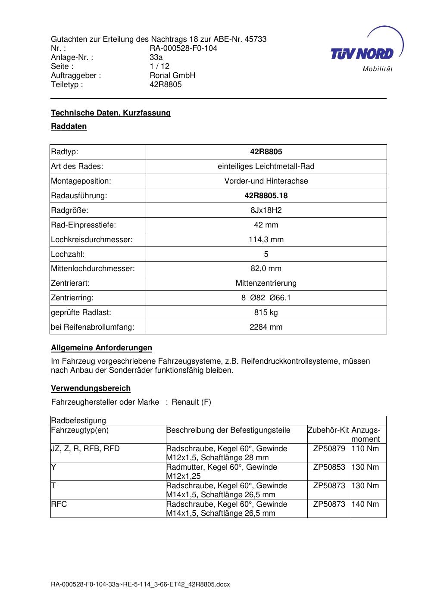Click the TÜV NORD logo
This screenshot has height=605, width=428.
pyautogui.click(x=365, y=51)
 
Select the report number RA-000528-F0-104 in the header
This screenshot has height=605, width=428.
pyautogui.click(x=183, y=48)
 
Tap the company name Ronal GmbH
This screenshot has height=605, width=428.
pyautogui.click(x=172, y=75)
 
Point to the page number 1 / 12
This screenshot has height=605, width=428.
pyautogui.click(x=159, y=66)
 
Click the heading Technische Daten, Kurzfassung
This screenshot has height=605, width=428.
pyautogui.click(x=111, y=113)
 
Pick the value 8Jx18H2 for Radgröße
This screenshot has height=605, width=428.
pyautogui.click(x=266, y=210)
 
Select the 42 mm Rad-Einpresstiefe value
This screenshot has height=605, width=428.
pyautogui.click(x=266, y=225)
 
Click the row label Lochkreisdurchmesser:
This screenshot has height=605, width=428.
pyautogui.click(x=92, y=240)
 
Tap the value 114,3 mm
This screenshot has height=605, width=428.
pyautogui.click(x=266, y=240)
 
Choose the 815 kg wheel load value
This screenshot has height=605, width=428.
pyautogui.click(x=266, y=312)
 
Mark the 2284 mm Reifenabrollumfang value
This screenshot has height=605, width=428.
pyautogui.click(x=266, y=327)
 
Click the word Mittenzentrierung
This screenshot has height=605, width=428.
pyautogui.click(x=266, y=283)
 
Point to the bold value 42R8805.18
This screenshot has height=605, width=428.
pyautogui.click(x=266, y=196)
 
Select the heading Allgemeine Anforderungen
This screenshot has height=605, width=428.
pyautogui.click(x=101, y=348)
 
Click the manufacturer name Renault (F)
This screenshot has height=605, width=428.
pyautogui.click(x=191, y=402)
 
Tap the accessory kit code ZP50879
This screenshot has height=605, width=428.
pyautogui.click(x=329, y=449)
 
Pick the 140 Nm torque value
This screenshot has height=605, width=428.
pyautogui.click(x=365, y=504)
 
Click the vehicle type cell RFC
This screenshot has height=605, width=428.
pyautogui.click(x=59, y=504)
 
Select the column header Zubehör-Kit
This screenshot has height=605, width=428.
pyautogui.click(x=328, y=430)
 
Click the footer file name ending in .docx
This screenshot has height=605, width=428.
pyautogui.click(x=141, y=584)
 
